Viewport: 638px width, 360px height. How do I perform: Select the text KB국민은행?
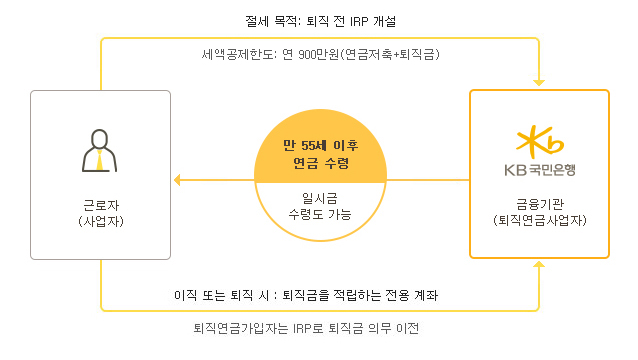pos(539,169)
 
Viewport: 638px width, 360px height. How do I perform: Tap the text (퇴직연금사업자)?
pos(539,219)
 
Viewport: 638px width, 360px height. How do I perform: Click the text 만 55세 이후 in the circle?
pos(319,143)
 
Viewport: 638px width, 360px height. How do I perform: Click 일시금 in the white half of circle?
pos(319,197)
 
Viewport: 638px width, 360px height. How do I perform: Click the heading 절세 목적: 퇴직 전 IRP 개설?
pos(319,19)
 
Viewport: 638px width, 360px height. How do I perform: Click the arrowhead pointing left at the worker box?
pos(178,181)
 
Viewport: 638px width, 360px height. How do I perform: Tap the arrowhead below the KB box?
pos(539,267)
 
